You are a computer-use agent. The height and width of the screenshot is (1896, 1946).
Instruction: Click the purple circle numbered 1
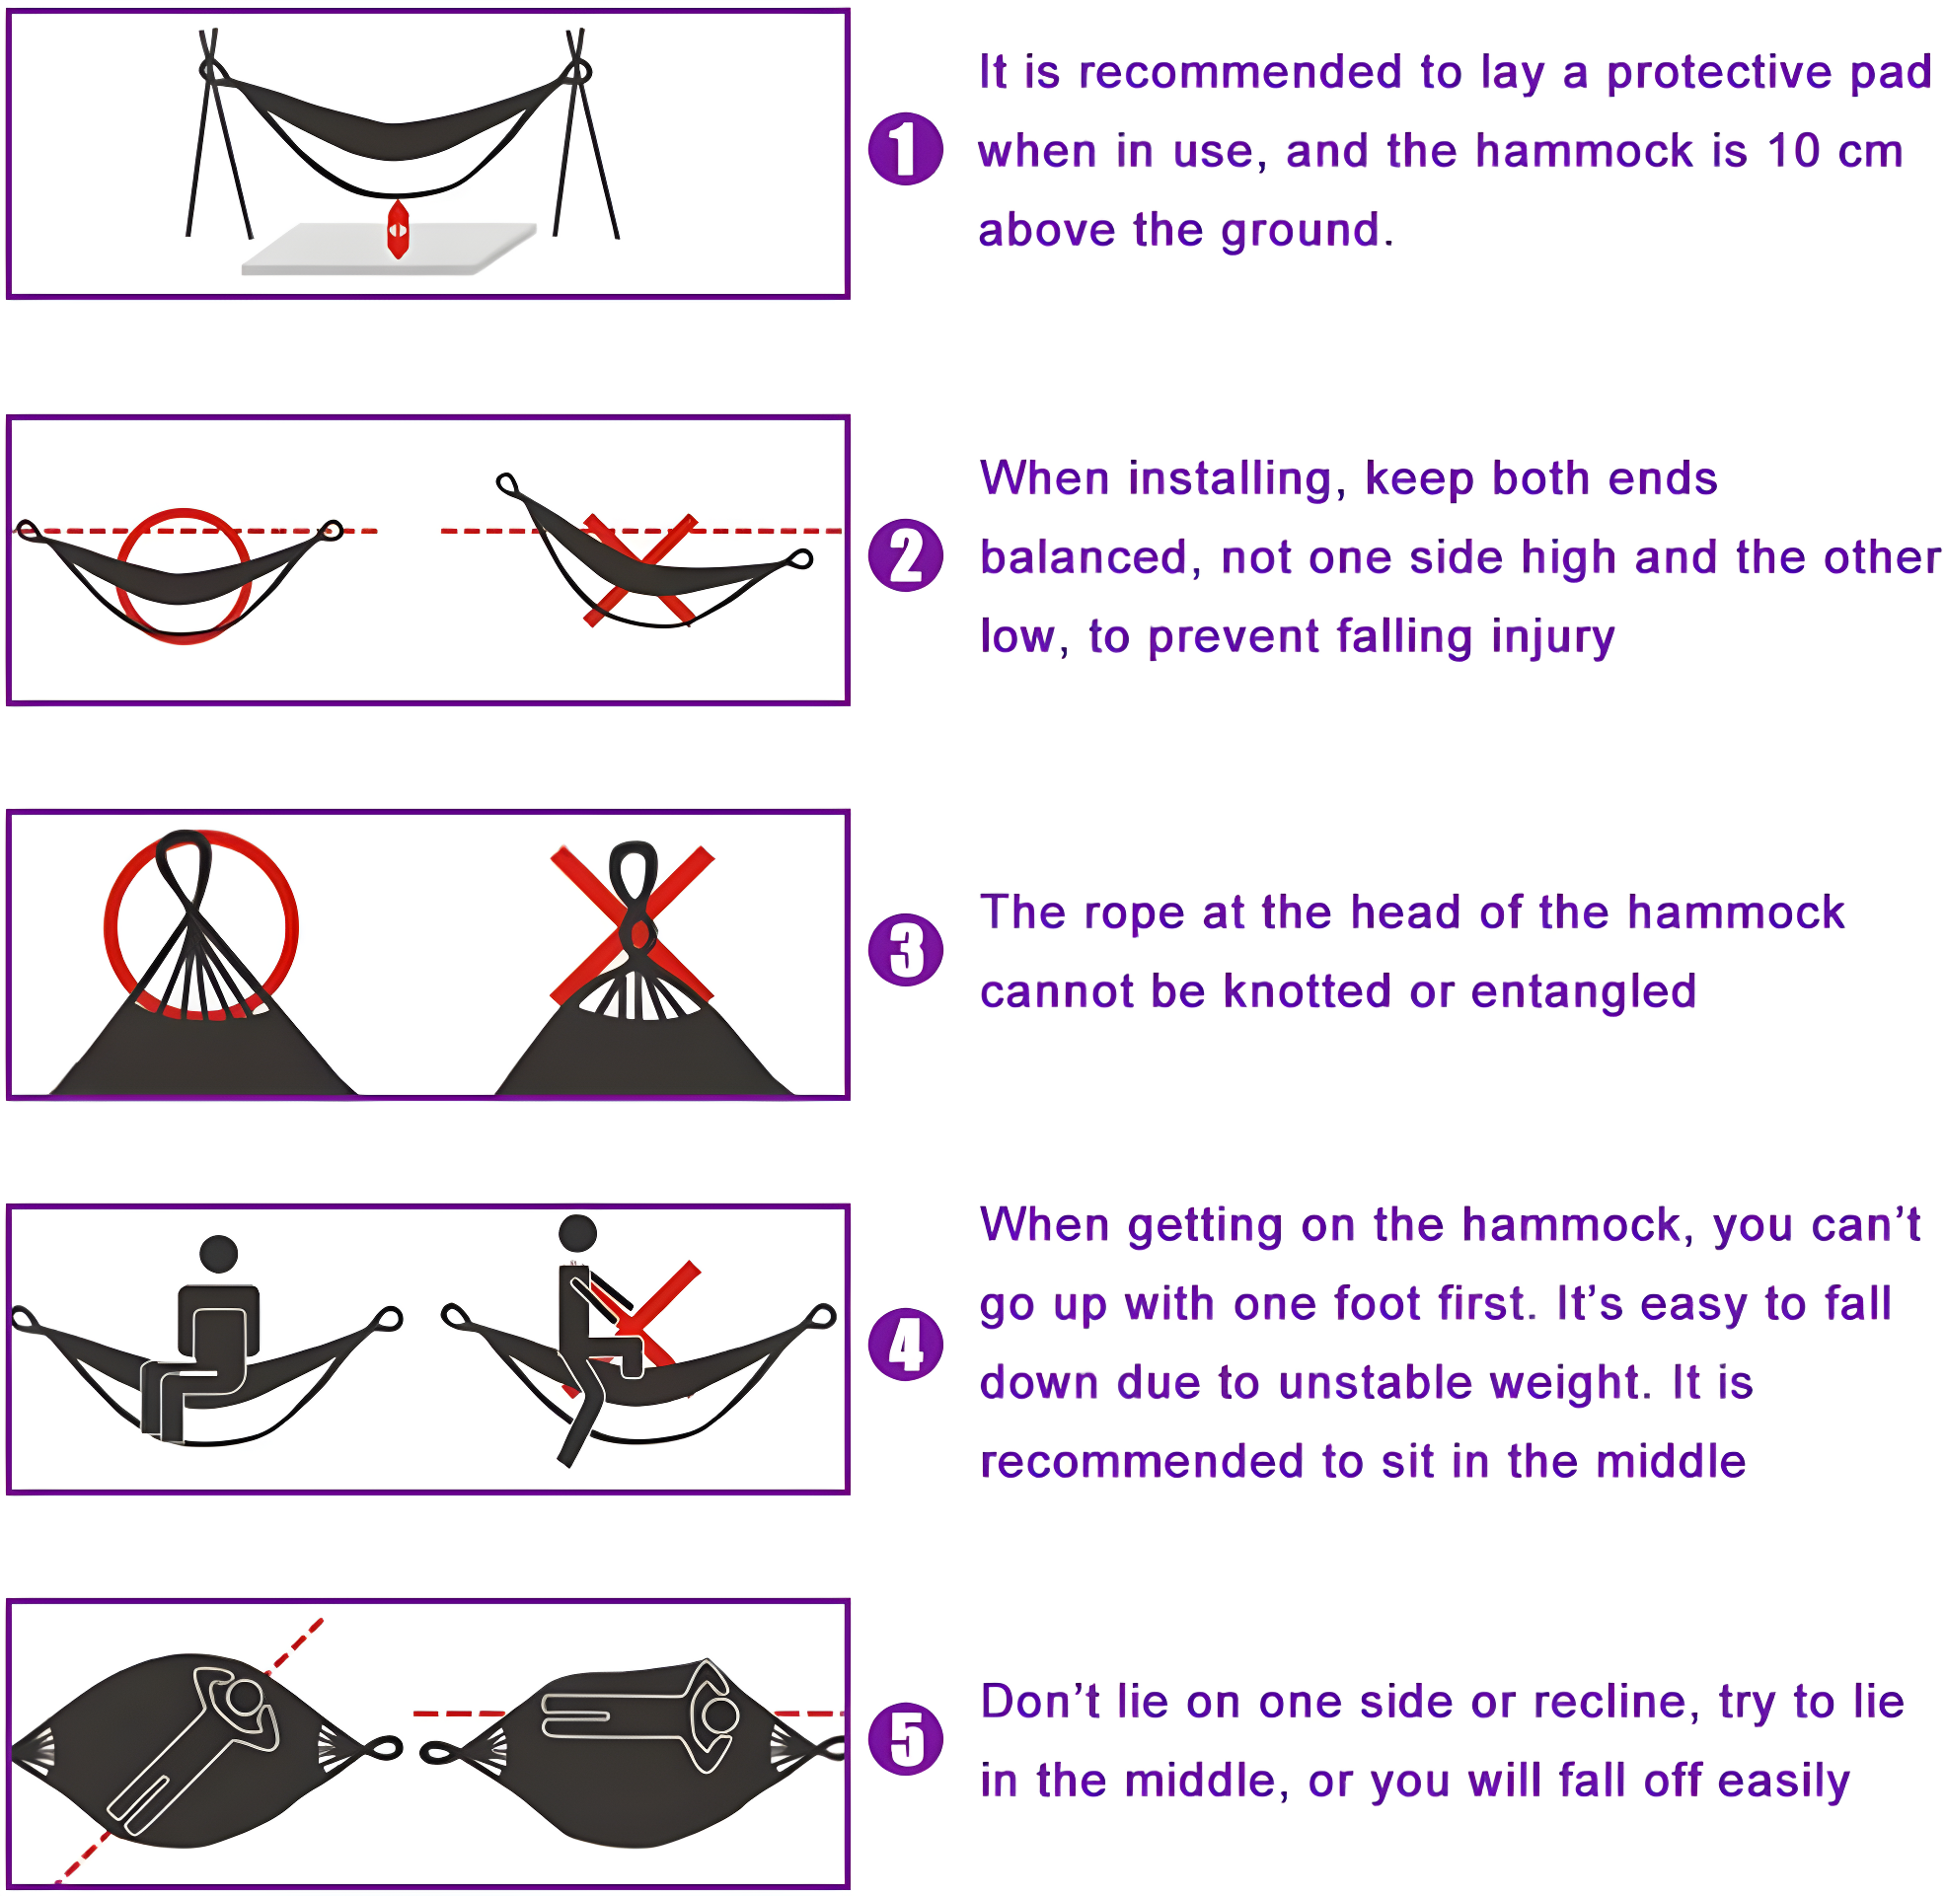(x=904, y=148)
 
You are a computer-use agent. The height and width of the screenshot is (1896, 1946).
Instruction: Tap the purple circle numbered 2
(x=904, y=555)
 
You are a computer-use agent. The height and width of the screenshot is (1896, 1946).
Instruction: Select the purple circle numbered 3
(x=904, y=950)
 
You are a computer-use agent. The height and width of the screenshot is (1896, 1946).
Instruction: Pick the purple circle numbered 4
(x=904, y=1345)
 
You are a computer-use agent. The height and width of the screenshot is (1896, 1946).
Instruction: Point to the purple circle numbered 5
(x=904, y=1740)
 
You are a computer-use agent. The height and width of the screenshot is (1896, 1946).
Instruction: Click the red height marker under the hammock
(x=398, y=230)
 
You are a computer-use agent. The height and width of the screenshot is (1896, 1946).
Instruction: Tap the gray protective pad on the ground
(x=329, y=254)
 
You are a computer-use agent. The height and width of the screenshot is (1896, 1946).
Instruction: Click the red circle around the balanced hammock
(x=120, y=577)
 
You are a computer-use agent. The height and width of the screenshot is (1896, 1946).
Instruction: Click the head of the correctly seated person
(x=218, y=1254)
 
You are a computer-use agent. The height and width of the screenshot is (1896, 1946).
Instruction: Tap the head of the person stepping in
(x=577, y=1233)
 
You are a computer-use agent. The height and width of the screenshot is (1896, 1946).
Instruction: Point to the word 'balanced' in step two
(x=1091, y=557)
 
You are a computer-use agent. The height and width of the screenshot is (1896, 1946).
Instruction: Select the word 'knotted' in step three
(x=1307, y=991)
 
